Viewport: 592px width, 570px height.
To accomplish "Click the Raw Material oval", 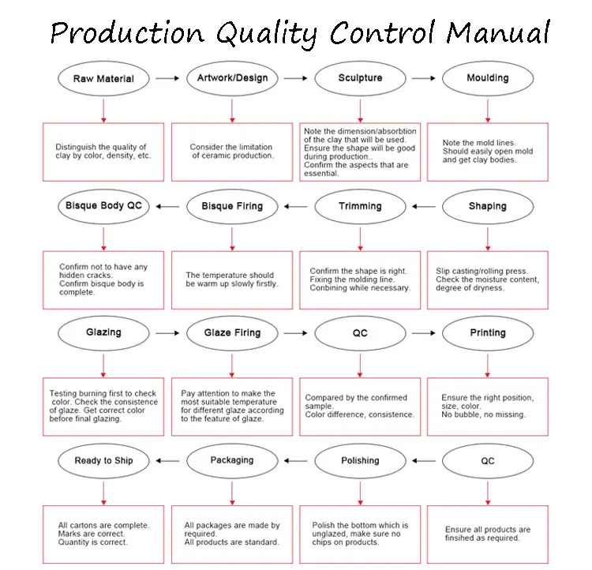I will coord(103,78).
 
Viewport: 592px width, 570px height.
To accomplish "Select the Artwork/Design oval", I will coord(232,78).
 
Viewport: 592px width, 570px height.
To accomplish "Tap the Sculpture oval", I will coord(360,78).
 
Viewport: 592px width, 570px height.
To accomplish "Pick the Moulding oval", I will coord(487,78).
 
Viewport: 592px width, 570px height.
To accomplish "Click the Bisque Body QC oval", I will coord(103,206).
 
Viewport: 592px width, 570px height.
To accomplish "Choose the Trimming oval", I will coord(360,206).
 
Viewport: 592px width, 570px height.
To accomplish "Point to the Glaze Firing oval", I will coord(232,332).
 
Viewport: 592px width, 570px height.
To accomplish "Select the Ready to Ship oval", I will coord(103,460).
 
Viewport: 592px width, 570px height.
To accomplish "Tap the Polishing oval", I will coord(360,460).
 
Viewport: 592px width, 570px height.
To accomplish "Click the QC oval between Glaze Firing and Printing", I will coord(360,332).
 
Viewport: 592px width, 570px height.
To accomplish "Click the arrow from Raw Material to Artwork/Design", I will coord(167,78).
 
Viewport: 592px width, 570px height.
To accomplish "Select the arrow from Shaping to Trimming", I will coord(424,207).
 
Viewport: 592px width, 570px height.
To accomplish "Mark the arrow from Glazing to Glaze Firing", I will coord(167,333).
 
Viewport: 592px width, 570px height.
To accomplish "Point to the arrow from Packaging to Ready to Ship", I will coord(167,461).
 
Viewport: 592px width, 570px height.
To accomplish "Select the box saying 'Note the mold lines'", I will coord(487,152).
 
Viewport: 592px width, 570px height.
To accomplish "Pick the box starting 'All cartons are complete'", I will coord(103,534).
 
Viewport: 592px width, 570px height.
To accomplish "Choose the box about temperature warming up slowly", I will coord(232,279).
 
